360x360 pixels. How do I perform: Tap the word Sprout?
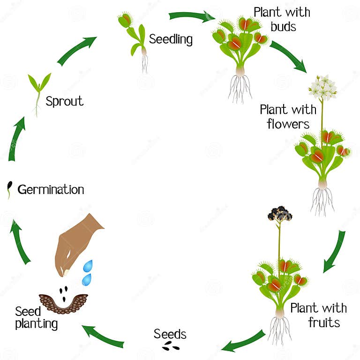click(64, 101)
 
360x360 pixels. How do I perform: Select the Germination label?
click(51, 189)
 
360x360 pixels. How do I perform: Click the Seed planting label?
click(36, 317)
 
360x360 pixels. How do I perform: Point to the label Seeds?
click(170, 334)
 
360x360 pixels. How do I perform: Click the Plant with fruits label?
click(318, 315)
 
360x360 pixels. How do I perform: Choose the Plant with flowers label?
click(288, 117)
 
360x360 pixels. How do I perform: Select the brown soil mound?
click(63, 303)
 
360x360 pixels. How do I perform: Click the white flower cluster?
click(323, 87)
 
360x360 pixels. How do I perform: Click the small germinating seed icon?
click(9, 188)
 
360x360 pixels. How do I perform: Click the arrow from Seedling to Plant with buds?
click(191, 16)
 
